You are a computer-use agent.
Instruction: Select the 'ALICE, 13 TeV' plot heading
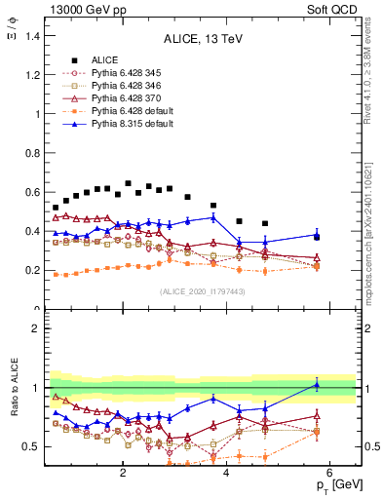[201, 39]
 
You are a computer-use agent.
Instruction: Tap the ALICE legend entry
[106, 59]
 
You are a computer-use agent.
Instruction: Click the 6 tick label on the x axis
[330, 473]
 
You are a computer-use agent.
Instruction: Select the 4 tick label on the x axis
[226, 473]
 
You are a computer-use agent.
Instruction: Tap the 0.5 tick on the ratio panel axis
[31, 446]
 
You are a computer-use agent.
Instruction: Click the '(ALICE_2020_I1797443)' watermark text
[201, 291]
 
